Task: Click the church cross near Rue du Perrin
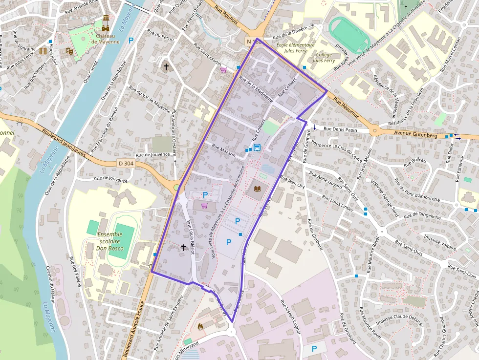click(x=166, y=66)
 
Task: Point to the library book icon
click(x=257, y=188)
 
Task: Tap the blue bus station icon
click(x=257, y=148)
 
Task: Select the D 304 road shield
click(x=126, y=164)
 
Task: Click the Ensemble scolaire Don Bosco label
click(x=110, y=241)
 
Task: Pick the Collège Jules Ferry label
click(x=324, y=58)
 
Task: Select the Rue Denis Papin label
click(x=341, y=130)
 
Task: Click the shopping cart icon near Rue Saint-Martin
click(x=223, y=70)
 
